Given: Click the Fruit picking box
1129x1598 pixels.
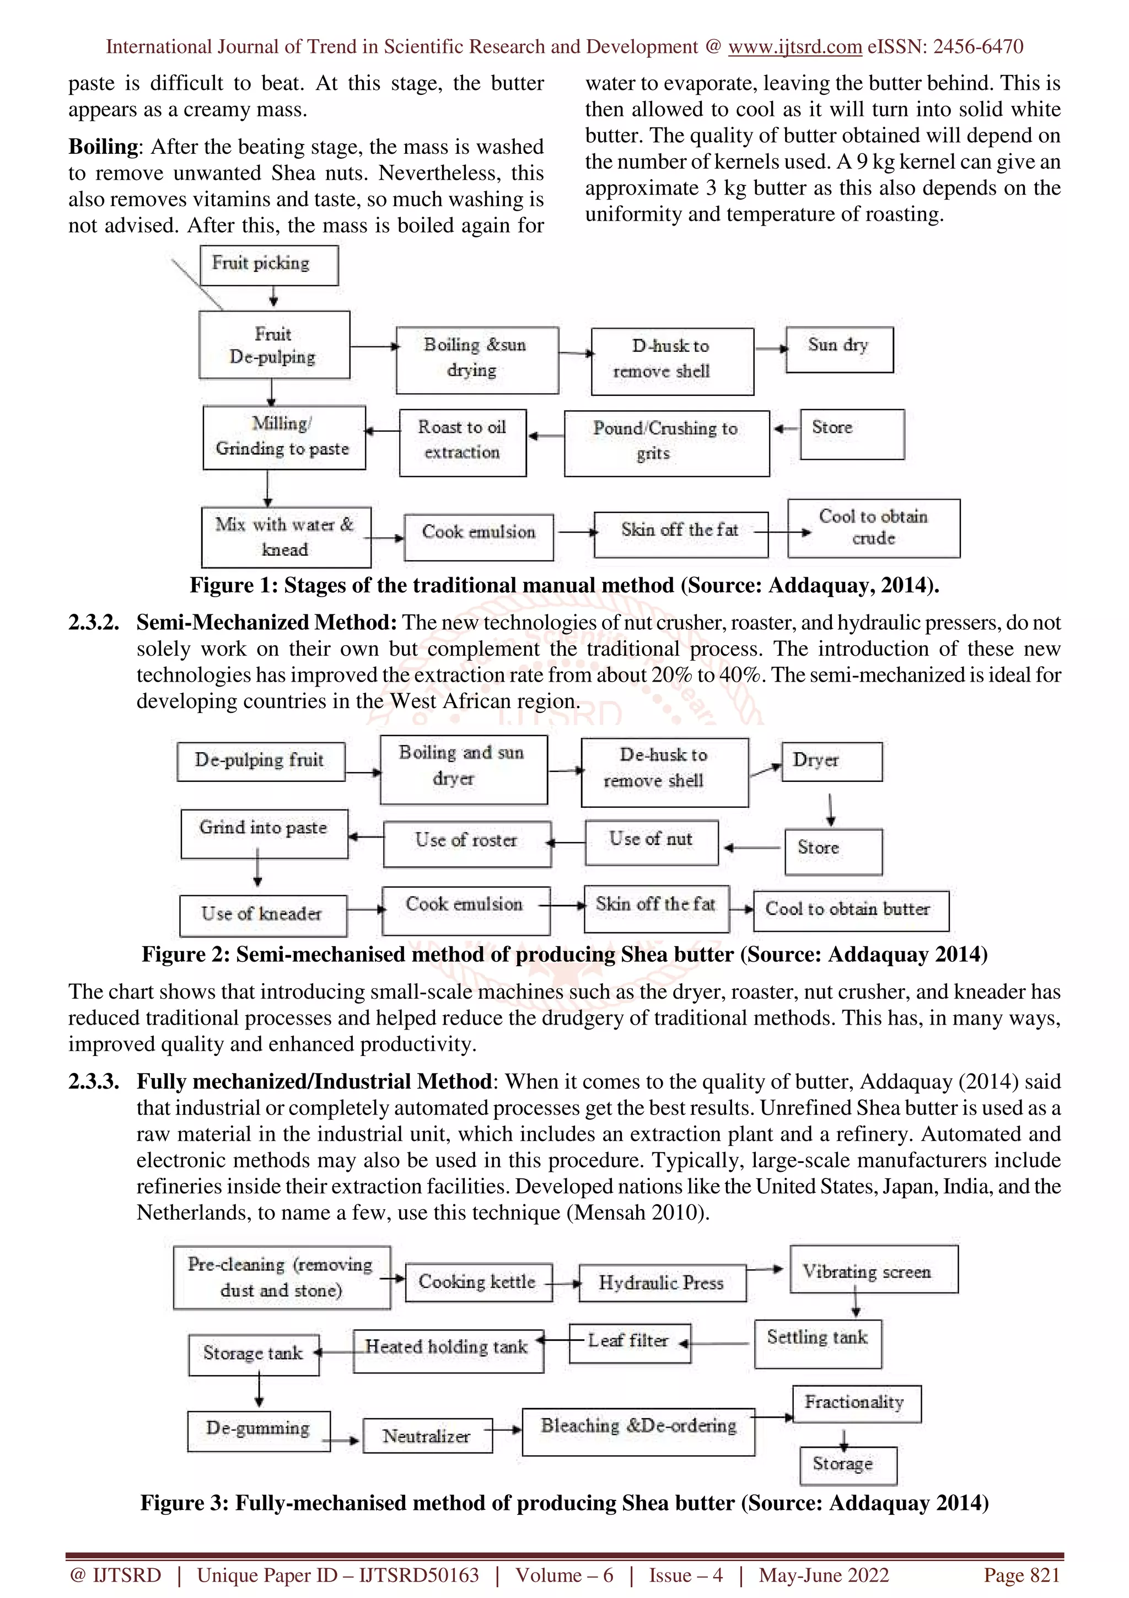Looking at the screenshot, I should (268, 265).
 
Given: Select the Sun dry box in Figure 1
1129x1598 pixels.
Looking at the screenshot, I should (839, 350).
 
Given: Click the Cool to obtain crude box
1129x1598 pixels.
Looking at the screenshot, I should (873, 528).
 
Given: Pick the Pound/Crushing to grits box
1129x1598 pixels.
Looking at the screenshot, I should (666, 443).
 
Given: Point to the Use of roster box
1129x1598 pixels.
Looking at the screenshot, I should (467, 844).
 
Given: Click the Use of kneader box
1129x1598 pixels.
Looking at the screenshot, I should (263, 915).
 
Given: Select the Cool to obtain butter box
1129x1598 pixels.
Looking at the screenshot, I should (851, 910).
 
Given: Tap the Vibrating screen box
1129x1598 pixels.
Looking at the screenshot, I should (873, 1269).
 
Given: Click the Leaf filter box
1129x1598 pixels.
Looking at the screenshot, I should (630, 1343).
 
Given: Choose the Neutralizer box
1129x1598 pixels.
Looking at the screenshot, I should (427, 1436).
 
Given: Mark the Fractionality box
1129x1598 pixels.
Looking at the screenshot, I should (856, 1404).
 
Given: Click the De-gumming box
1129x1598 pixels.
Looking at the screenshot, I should (258, 1431).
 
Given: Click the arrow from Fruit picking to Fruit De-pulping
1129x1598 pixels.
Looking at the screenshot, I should (273, 298).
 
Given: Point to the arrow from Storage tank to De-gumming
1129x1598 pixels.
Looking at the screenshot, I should (259, 1391).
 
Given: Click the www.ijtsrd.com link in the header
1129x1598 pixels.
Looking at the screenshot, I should (794, 47).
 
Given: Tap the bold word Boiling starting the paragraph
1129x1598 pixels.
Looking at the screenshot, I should (104, 147).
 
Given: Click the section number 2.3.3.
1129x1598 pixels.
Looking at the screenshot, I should (93, 1081).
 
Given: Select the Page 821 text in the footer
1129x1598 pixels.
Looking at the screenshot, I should (1020, 1575).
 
